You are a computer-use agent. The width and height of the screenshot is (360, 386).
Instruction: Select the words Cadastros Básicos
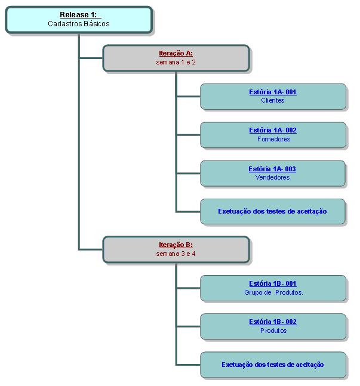[x=79, y=24]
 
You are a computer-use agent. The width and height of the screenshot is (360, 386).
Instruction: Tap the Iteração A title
[x=176, y=53]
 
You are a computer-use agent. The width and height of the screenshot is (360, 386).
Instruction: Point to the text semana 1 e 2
[x=176, y=62]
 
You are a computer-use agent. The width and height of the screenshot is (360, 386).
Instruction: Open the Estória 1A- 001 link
[x=272, y=92]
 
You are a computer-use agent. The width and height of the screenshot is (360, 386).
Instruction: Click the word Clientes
[x=272, y=100]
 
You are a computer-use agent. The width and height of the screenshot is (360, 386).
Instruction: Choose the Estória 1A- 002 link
[x=272, y=130]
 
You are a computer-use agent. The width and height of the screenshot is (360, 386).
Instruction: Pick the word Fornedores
[x=272, y=139]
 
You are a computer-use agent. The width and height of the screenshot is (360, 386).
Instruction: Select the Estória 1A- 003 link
[x=272, y=169]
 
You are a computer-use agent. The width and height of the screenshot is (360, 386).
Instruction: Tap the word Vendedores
[x=272, y=177]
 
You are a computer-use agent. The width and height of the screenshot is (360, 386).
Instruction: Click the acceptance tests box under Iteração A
[x=272, y=211]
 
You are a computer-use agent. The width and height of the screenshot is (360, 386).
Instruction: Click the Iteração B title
[x=176, y=245]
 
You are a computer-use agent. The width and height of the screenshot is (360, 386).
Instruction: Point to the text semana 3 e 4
[x=176, y=254]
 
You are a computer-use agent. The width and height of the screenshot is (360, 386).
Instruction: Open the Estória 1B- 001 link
[x=272, y=283]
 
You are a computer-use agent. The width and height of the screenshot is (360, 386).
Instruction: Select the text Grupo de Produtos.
[x=273, y=292]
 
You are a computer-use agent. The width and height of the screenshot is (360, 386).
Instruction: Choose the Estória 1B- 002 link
[x=272, y=322]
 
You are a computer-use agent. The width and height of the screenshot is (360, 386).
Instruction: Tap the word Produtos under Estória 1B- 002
[x=273, y=331]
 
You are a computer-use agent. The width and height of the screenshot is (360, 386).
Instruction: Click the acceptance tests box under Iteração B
[x=272, y=365]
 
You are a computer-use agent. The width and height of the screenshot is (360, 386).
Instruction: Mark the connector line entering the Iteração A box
[x=91, y=58]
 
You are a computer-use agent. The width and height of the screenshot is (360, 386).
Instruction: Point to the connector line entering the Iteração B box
[x=91, y=249]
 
